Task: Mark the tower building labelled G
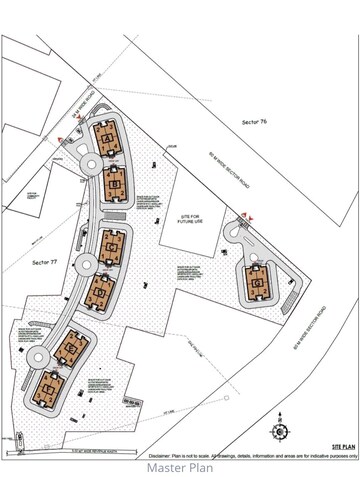[x=258, y=285]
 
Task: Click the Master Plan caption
[x=181, y=466]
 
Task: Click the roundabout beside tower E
[x=37, y=355]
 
